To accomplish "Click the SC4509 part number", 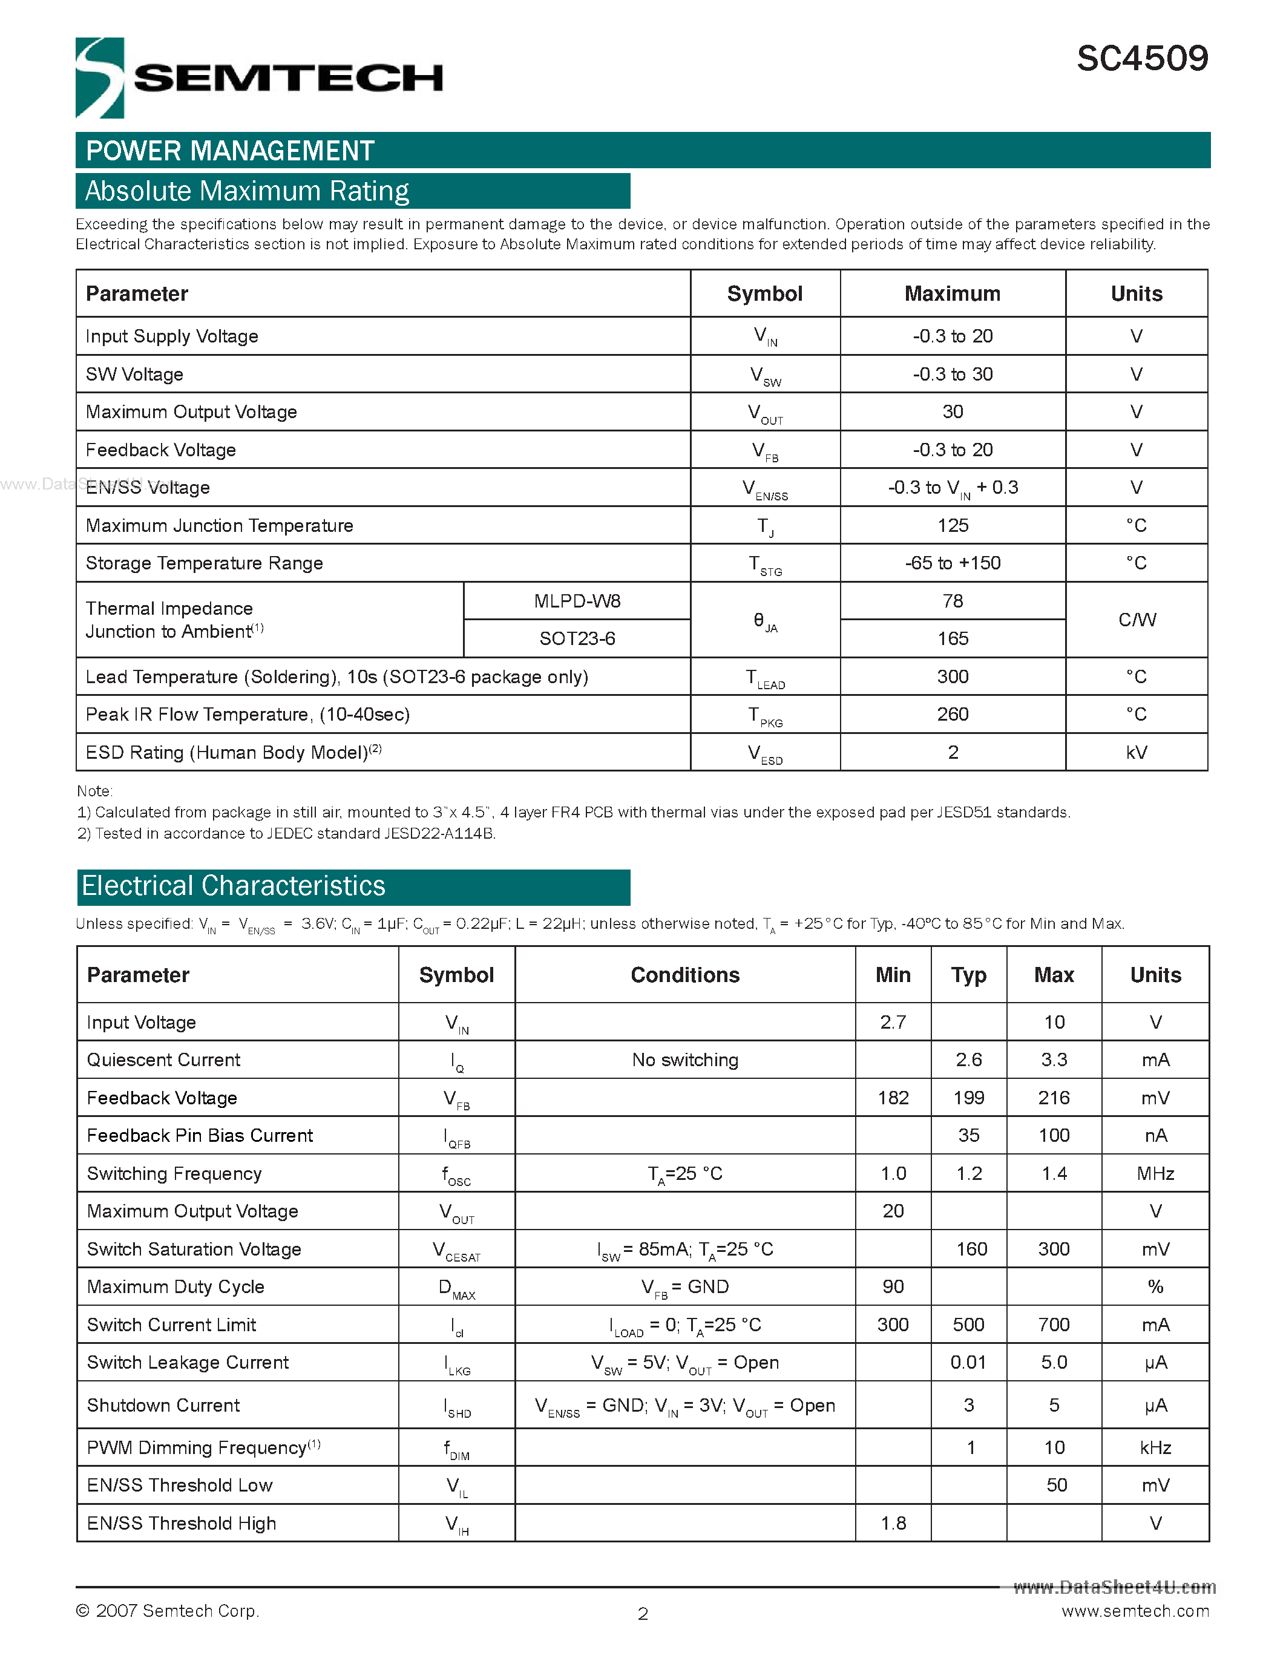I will click(x=1141, y=59).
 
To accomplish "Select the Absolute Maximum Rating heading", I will click(x=248, y=191).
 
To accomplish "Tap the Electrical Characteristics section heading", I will click(x=234, y=886).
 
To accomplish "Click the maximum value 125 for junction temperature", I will click(x=953, y=525).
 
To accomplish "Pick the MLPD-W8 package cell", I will click(x=577, y=601).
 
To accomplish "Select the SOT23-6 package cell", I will click(x=577, y=638).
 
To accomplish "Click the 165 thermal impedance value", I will click(x=953, y=638).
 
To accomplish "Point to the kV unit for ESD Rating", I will click(x=1136, y=753).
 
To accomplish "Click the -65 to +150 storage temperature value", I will click(x=953, y=563).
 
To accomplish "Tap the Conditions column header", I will click(x=684, y=975).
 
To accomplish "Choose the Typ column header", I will click(x=968, y=975).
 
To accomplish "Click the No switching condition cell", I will click(x=684, y=1060).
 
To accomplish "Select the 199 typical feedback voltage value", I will click(x=968, y=1098).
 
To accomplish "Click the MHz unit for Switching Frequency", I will click(x=1155, y=1173).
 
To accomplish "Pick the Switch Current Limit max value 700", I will click(x=1054, y=1325).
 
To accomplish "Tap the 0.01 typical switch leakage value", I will click(x=968, y=1362).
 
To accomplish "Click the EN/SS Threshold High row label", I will click(x=182, y=1523).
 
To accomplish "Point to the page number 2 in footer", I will click(x=642, y=1614).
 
